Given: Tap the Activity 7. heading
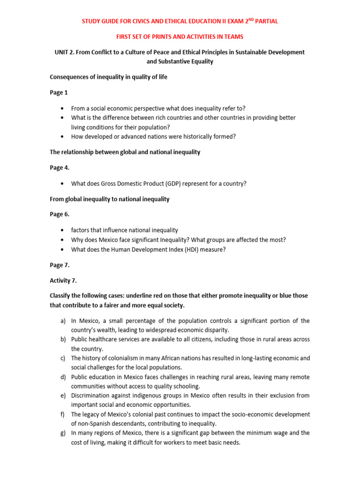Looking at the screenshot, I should [x=63, y=280].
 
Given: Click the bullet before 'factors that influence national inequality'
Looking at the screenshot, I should [x=63, y=230].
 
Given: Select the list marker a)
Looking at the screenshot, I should [x=63, y=321].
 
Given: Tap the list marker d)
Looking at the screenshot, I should [x=63, y=377].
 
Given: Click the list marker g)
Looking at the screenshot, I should [x=63, y=433].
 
